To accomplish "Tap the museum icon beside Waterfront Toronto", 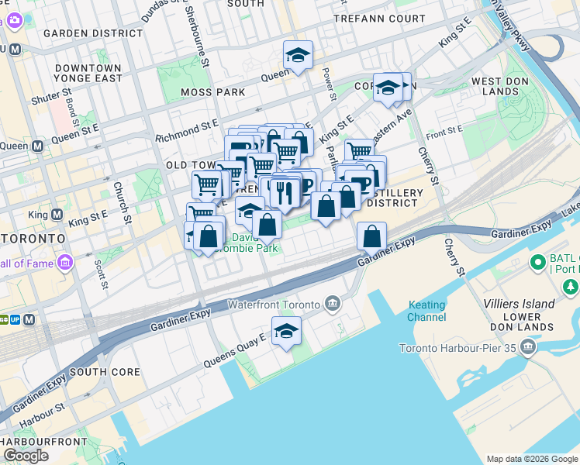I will tap(332, 302).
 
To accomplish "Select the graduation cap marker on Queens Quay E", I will tap(287, 331).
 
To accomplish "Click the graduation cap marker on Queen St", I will tap(298, 55).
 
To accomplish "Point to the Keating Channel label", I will tap(426, 312).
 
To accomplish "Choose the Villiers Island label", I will tap(519, 304).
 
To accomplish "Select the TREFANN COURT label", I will tap(379, 18).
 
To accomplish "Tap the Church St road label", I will tap(121, 202).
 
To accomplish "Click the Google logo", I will tap(26, 456).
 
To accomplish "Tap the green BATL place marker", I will tap(537, 263).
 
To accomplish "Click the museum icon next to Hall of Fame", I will tap(64, 263).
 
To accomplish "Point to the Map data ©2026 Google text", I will tap(532, 459).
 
